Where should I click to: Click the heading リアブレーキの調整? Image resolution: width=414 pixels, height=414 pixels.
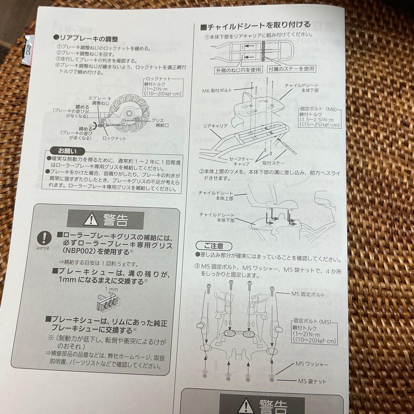click(87, 39)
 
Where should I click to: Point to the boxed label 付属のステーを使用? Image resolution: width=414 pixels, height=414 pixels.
click(291, 69)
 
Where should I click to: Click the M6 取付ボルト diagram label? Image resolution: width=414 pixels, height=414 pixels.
click(217, 91)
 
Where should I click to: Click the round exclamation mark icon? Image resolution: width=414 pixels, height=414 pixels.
click(46, 238)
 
